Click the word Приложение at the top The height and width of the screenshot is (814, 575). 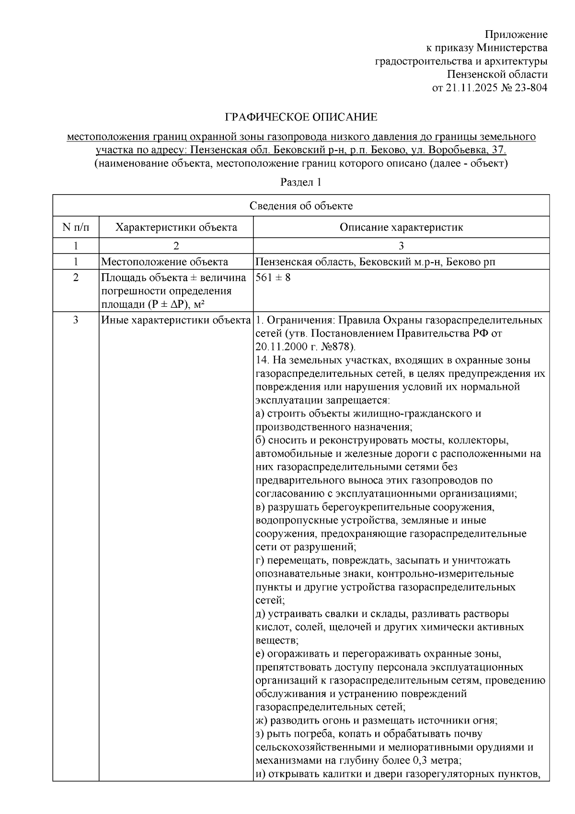pyautogui.click(x=516, y=35)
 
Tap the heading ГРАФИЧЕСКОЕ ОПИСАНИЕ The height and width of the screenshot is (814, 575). pyautogui.click(x=301, y=117)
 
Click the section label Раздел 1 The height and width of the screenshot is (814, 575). pyautogui.click(x=300, y=182)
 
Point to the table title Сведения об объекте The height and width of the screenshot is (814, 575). pyautogui.click(x=301, y=206)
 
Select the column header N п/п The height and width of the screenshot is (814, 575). pyautogui.click(x=76, y=227)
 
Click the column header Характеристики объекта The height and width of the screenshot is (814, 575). pyautogui.click(x=176, y=227)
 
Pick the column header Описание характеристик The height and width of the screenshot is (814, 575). pyautogui.click(x=401, y=227)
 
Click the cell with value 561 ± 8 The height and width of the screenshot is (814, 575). pyautogui.click(x=273, y=278)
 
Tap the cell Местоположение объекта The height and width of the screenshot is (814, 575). pyautogui.click(x=164, y=262)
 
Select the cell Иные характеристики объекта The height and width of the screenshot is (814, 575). pyautogui.click(x=176, y=320)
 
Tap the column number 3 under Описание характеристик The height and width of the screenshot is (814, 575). pyautogui.click(x=401, y=246)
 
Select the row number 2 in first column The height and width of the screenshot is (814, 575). pyautogui.click(x=76, y=278)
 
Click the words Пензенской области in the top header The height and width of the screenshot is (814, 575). pyautogui.click(x=497, y=75)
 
